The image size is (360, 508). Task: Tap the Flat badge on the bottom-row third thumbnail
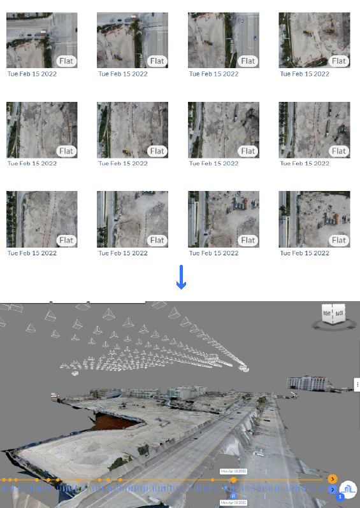[x=248, y=240]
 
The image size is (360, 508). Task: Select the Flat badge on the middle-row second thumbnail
[x=157, y=151]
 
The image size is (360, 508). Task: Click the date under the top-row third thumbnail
[x=213, y=74]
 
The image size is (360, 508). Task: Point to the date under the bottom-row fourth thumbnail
[x=305, y=253]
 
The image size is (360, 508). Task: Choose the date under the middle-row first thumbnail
[x=32, y=163]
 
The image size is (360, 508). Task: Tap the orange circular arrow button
[x=333, y=479]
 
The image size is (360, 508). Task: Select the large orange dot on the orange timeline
[x=233, y=480]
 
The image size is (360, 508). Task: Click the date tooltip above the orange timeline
[x=233, y=471]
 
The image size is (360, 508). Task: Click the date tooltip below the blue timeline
[x=233, y=502]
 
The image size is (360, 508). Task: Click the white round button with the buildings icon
[x=349, y=489]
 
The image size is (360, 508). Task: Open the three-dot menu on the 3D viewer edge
[x=357, y=385]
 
